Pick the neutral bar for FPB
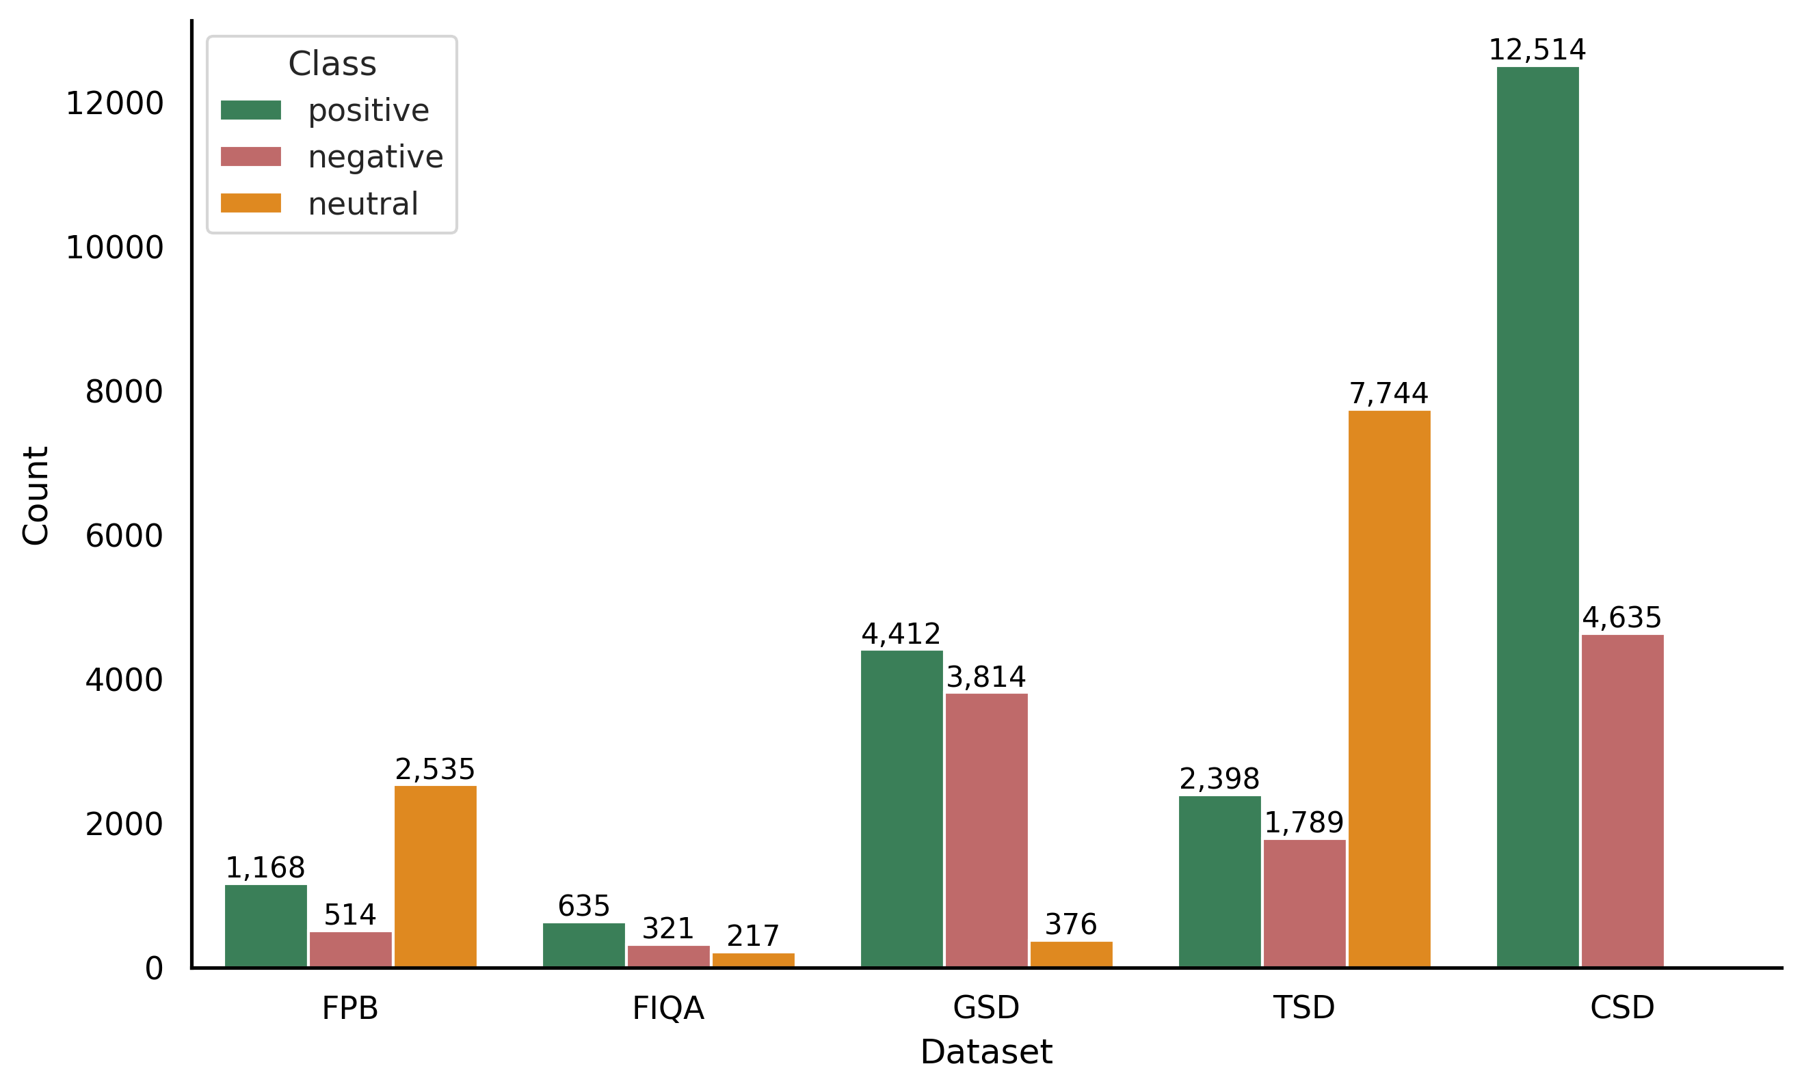[435, 877]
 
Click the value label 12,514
[1537, 51]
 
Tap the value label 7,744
[1388, 394]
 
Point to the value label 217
[752, 936]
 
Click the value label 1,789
[1304, 823]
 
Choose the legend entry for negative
[375, 157]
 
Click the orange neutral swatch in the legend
[251, 203]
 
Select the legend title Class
[332, 64]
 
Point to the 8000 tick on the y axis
[124, 392]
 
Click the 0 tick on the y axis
[154, 969]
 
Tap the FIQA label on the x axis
[667, 1009]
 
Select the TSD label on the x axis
[1304, 1008]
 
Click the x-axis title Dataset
[986, 1052]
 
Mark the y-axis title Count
[35, 495]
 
